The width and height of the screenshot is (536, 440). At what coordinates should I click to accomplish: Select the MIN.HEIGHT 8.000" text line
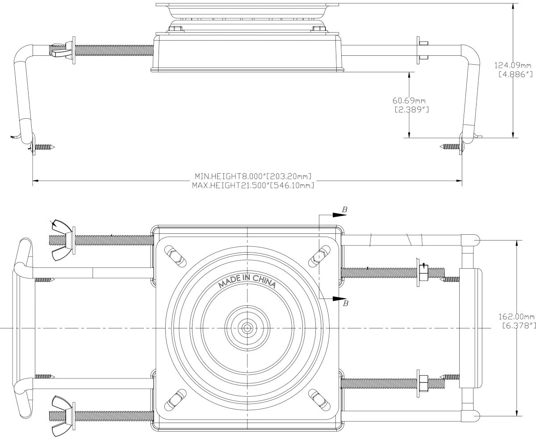pos(252,176)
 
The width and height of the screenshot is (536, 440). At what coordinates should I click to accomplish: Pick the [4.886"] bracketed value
pos(514,75)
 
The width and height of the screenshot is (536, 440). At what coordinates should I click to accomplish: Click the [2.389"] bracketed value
pos(411,110)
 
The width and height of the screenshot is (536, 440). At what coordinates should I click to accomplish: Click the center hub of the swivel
pos(247,328)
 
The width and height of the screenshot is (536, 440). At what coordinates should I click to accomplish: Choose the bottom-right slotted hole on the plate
pos(318,399)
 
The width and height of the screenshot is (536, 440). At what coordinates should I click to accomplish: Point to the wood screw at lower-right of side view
pos(451,146)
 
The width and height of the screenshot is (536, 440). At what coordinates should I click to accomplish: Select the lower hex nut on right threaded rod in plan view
pos(423,383)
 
